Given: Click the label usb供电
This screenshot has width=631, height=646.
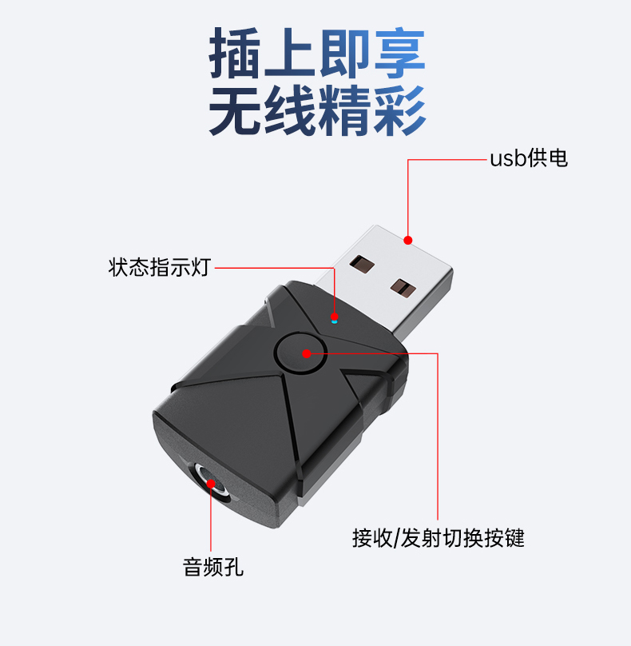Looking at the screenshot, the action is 528,158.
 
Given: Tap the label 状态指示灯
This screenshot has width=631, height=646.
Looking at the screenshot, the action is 159,267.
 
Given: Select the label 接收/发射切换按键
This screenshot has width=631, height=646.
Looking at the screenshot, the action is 438,537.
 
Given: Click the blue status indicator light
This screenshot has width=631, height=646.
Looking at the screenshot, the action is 335,319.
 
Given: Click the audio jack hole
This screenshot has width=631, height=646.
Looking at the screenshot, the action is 211,484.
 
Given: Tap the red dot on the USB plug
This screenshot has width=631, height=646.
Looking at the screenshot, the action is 408,239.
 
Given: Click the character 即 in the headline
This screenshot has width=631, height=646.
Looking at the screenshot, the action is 344,55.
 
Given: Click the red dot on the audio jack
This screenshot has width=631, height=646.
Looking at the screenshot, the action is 211,483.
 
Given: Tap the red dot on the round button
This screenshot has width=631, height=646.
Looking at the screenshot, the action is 307,353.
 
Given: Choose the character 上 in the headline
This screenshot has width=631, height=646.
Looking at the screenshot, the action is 290,55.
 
